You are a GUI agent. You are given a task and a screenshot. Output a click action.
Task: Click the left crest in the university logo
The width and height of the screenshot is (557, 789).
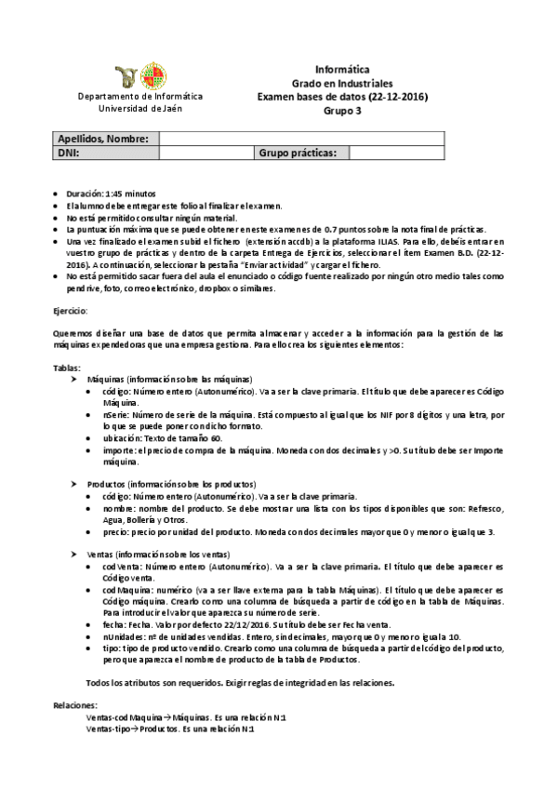click(127, 76)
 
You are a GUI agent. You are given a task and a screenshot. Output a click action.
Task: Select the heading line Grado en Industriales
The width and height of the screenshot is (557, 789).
click(341, 83)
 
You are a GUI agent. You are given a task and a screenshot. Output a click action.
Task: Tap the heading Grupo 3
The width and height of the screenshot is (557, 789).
click(341, 111)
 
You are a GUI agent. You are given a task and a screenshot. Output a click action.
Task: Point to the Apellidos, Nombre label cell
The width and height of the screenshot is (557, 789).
click(103, 139)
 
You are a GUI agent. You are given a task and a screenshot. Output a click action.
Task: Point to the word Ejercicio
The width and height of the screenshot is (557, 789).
click(71, 309)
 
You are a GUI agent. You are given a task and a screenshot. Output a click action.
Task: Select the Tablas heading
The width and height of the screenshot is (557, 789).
click(68, 368)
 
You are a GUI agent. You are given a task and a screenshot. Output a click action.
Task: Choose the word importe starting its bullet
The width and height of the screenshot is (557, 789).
click(120, 450)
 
